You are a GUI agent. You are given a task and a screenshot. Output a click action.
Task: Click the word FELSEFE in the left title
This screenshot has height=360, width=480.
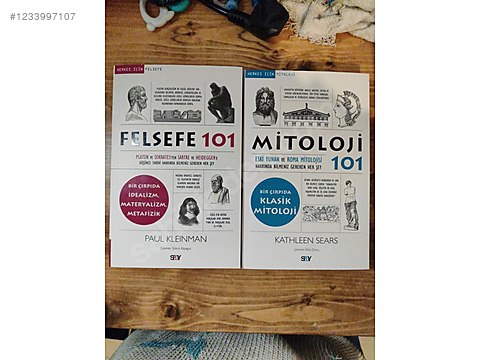click(x=158, y=141)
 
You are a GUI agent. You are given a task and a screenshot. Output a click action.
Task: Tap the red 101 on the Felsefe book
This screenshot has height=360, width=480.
click(x=217, y=141)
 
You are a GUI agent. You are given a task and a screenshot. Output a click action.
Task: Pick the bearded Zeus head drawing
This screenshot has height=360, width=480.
click(x=264, y=103)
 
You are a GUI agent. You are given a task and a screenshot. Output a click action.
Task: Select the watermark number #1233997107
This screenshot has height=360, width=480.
click(x=42, y=16)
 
